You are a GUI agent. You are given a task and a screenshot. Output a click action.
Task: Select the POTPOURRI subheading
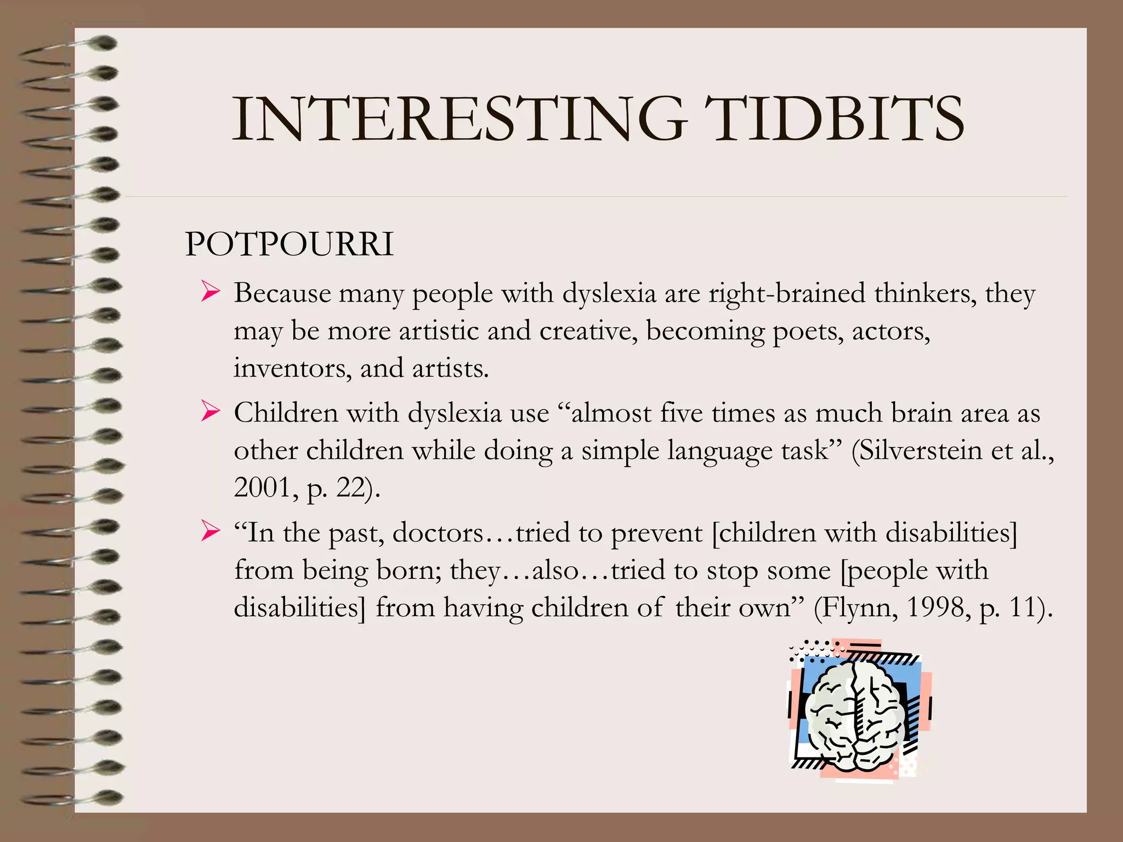[290, 244]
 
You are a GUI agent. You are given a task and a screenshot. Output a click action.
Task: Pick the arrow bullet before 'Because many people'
[210, 291]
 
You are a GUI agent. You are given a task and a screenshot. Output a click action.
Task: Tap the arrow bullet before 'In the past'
[210, 531]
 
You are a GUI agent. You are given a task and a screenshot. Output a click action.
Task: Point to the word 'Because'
[282, 293]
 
